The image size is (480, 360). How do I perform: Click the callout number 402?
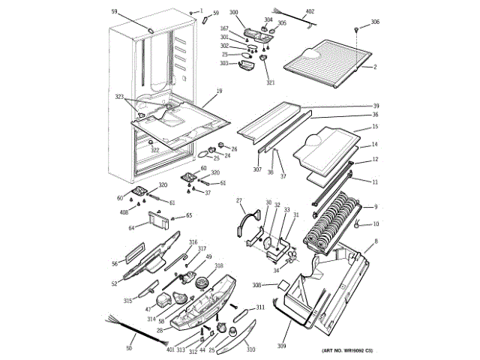pos(310,13)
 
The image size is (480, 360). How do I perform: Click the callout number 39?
pos(376,106)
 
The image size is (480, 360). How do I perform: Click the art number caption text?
pos(347,352)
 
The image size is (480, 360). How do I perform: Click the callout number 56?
pos(115,263)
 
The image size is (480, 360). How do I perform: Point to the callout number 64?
pos(132,227)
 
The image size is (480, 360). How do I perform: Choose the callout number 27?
pos(240,200)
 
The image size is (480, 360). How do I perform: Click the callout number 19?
pos(218,91)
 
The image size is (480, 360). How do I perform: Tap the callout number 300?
pos(233,13)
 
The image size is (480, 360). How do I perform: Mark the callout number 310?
pos(250,349)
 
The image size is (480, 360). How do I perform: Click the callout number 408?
pos(124,213)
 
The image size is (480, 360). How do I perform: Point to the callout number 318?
pos(218,266)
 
